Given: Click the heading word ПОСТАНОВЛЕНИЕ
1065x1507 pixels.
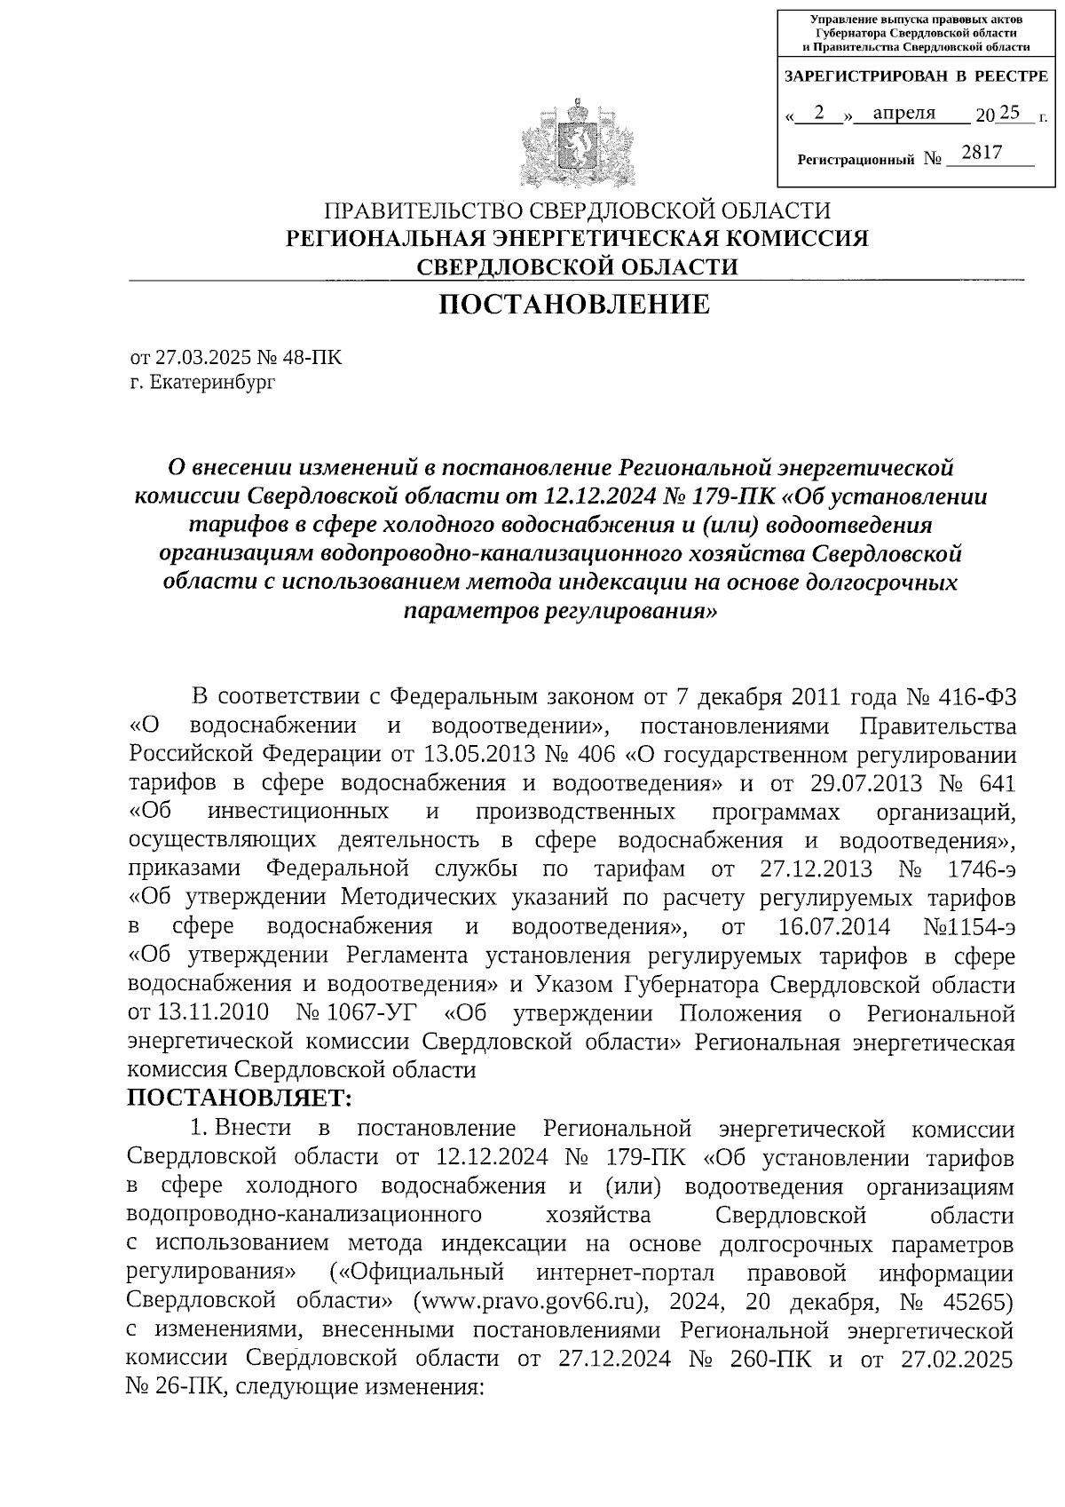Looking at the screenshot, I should coord(576,305).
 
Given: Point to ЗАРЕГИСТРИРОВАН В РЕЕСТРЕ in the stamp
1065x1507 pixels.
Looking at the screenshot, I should coord(917,77).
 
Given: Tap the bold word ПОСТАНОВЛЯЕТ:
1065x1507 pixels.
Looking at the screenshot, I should coord(241,1099).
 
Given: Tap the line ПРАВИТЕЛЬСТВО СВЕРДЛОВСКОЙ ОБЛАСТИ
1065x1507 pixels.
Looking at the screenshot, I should coord(577,211).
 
